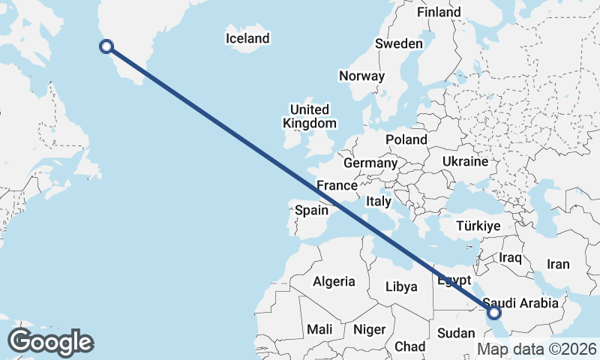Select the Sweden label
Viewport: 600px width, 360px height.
click(399, 44)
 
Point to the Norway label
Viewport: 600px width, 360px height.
click(361, 76)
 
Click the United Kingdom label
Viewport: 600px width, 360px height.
click(309, 116)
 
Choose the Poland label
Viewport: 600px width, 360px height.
click(406, 139)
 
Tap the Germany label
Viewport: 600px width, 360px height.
click(370, 163)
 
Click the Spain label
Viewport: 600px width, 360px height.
click(311, 210)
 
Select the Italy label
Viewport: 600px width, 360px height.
click(379, 201)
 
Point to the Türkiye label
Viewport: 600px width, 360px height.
click(478, 226)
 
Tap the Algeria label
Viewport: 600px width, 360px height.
click(334, 281)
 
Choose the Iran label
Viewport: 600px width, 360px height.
click(558, 264)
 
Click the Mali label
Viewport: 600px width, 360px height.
click(319, 329)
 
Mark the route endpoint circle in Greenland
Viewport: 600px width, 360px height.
click(106, 46)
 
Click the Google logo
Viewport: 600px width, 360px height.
click(50, 342)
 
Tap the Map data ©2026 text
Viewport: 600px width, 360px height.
click(537, 349)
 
